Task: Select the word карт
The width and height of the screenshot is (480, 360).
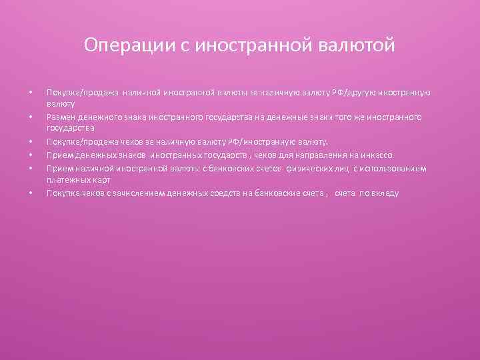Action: click(99, 180)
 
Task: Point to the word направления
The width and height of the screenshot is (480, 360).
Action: click(334, 155)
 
